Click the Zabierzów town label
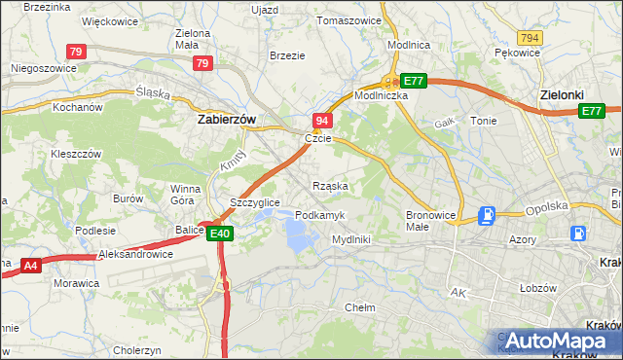click(x=227, y=119)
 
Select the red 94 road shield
click(x=323, y=120)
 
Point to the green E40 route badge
click(x=219, y=233)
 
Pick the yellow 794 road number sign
click(x=530, y=37)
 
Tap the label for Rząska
click(x=331, y=185)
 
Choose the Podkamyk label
click(x=319, y=214)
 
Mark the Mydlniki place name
click(x=350, y=238)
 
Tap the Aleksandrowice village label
click(x=136, y=254)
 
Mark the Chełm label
click(x=360, y=306)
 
